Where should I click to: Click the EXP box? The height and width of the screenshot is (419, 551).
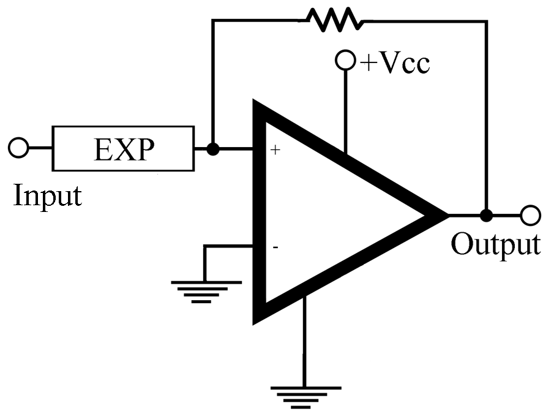[123, 149]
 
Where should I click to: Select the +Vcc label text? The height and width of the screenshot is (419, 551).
[395, 63]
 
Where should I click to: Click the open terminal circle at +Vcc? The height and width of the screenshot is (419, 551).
[345, 61]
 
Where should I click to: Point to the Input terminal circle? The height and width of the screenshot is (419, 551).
[18, 148]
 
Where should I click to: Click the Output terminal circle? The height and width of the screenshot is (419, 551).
[530, 216]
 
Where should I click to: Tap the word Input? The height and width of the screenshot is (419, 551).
[47, 195]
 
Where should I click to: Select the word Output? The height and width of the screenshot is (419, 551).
[495, 243]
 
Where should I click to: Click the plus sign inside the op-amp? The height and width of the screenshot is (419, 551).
[275, 149]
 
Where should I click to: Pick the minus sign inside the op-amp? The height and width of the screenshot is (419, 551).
[275, 247]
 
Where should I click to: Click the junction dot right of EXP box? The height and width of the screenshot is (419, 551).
[212, 149]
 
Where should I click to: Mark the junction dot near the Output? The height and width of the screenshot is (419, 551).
[486, 216]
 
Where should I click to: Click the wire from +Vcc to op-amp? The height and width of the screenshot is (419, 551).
[345, 110]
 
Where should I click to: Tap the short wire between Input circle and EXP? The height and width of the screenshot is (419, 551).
[40, 148]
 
